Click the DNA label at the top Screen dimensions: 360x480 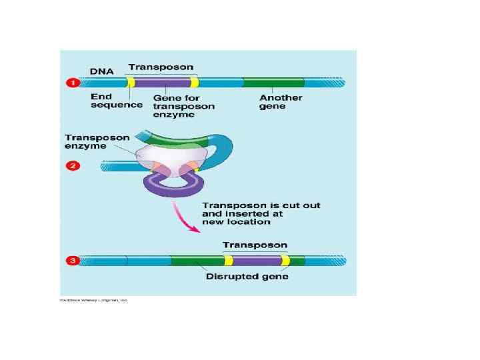click(102, 69)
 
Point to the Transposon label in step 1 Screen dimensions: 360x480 click(161, 67)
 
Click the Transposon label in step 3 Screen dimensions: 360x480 click(255, 245)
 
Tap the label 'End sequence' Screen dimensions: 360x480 click(116, 101)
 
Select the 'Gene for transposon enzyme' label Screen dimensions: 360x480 click(183, 106)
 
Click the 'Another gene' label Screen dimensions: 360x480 click(281, 102)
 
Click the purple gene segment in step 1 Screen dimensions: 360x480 click(163, 83)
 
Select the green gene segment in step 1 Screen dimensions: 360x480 click(273, 83)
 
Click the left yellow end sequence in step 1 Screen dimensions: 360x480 click(131, 83)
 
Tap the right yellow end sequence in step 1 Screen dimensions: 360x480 click(194, 83)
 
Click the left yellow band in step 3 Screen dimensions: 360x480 click(229, 261)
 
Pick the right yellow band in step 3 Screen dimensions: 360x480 click(285, 261)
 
